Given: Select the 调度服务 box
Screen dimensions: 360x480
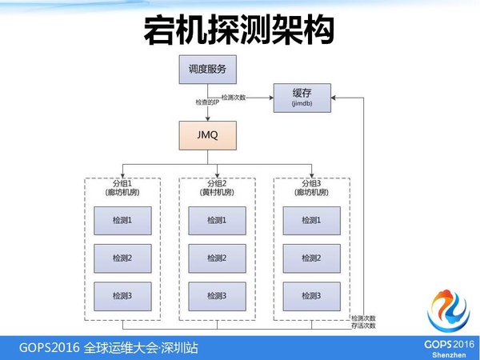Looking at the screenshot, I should point(207,70).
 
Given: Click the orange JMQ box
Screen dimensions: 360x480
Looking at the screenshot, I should point(207,136).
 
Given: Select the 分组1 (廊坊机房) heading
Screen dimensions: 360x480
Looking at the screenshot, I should point(122,187).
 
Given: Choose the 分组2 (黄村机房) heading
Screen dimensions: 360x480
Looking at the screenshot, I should point(217,187).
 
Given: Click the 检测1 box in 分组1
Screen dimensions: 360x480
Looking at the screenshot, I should point(122,220).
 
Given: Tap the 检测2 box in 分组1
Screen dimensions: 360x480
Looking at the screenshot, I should point(122,258).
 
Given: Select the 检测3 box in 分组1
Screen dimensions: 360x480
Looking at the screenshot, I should point(122,296).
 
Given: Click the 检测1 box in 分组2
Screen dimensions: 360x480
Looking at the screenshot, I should point(217,220).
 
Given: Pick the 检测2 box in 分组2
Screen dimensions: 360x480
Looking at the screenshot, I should point(217,258).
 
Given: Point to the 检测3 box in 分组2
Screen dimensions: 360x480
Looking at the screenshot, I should point(217,296).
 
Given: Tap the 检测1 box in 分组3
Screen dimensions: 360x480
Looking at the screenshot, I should point(312,220).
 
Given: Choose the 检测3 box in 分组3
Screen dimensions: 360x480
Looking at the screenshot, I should point(312,296).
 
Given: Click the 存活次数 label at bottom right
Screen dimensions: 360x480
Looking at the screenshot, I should point(363,326).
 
